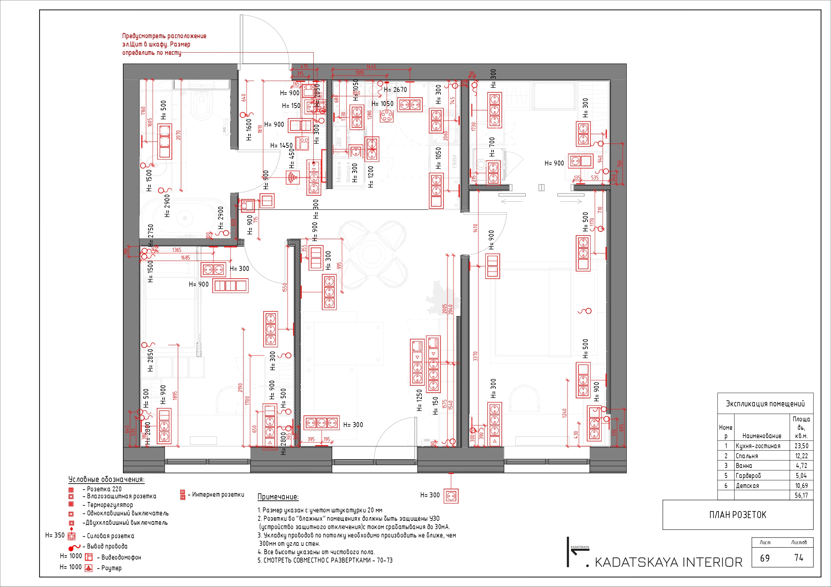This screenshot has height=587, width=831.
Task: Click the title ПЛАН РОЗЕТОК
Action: [x=737, y=515]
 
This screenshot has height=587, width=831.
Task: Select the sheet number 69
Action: [x=764, y=558]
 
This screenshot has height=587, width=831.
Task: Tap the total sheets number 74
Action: [x=799, y=558]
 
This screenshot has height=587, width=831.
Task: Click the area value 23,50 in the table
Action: [x=801, y=446]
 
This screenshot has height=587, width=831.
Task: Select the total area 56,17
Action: [x=801, y=496]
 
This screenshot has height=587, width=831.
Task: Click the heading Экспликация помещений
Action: [x=765, y=404]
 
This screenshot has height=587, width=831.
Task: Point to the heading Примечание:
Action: [x=278, y=497]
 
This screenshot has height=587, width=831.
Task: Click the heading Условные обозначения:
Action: [x=107, y=479]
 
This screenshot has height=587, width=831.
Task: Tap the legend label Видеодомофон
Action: [x=121, y=557]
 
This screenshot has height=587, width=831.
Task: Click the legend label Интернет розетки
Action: [x=218, y=494]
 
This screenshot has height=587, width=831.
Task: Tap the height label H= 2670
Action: [x=395, y=90]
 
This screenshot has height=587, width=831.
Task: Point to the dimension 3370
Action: [x=475, y=356]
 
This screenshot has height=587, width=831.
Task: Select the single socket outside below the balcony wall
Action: [x=451, y=496]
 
